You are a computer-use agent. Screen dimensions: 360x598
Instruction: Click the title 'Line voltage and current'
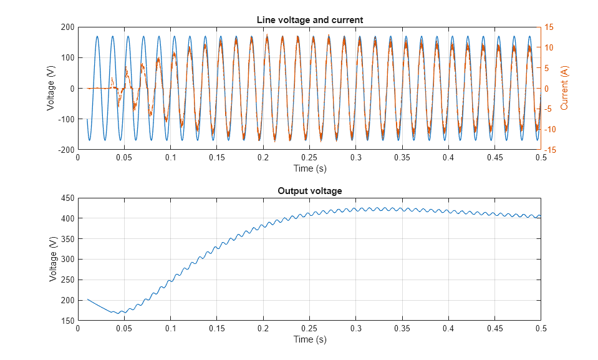[309, 20]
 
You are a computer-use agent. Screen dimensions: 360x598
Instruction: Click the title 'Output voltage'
[309, 191]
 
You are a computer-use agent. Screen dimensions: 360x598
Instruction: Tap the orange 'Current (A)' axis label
[564, 88]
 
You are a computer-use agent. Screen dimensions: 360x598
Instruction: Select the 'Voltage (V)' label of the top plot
[51, 88]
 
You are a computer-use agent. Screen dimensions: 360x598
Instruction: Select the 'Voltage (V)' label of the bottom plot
[53, 259]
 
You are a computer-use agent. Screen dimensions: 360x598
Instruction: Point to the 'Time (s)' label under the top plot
[309, 168]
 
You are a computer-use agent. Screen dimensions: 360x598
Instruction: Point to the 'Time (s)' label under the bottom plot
[309, 339]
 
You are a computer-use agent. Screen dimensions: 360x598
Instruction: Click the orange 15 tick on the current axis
[549, 27]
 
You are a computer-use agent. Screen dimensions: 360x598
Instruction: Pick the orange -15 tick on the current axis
[551, 150]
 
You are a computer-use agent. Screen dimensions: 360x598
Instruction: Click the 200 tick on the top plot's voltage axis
[67, 27]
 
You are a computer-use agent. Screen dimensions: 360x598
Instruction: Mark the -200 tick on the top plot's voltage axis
[66, 150]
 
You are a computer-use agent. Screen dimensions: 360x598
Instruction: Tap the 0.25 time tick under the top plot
[309, 158]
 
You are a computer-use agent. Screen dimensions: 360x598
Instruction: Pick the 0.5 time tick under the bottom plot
[541, 329]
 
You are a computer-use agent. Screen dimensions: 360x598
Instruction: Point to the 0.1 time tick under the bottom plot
[170, 329]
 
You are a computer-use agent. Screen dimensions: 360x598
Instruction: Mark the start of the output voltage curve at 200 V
[87, 299]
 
